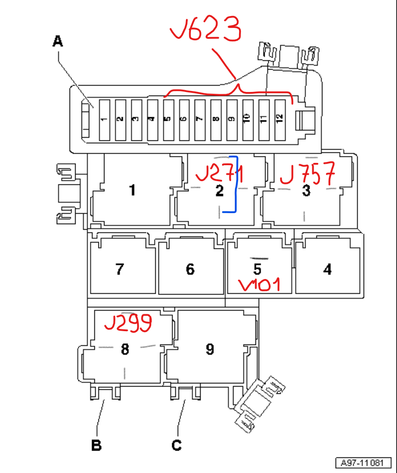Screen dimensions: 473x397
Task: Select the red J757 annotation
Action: pos(307,173)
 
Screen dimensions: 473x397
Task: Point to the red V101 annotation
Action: pos(260,285)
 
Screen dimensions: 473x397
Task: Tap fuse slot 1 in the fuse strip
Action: pos(104,120)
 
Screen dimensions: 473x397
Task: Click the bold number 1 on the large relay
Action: pos(132,190)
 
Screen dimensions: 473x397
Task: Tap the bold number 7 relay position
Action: pos(120,269)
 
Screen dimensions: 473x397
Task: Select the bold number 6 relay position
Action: pos(190,269)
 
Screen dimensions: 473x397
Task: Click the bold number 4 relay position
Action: pos(327,269)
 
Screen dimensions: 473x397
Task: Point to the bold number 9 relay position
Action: pos(210,349)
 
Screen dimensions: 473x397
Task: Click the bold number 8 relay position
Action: pos(125,349)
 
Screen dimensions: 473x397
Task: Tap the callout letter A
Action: pos(57,42)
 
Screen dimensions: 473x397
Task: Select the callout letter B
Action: pos(96,445)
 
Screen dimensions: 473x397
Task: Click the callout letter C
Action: pos(177,445)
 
